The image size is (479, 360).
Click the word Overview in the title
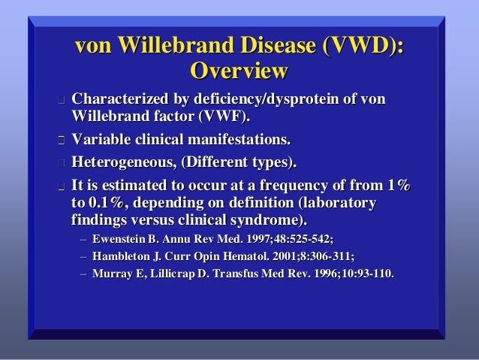[x=239, y=72]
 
